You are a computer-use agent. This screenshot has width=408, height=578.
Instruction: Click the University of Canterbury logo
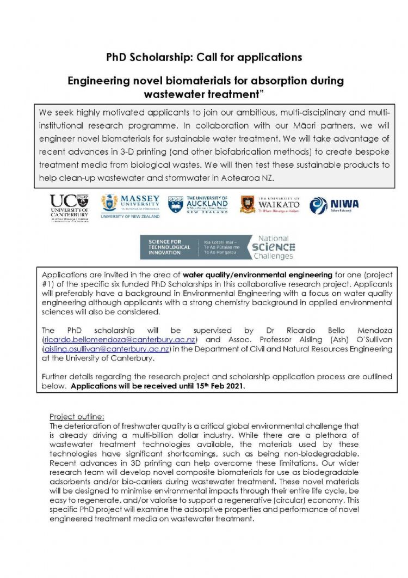point(69,208)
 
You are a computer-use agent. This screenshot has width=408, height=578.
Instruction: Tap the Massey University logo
point(130,206)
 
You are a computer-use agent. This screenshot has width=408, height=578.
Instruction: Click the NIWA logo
point(334,205)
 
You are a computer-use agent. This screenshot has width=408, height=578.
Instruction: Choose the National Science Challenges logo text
point(273,247)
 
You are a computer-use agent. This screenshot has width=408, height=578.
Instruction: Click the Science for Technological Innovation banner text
point(169,247)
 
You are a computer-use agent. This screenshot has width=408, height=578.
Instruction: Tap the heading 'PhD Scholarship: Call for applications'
point(204,57)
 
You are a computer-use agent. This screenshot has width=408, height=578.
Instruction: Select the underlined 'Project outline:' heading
point(76,417)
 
